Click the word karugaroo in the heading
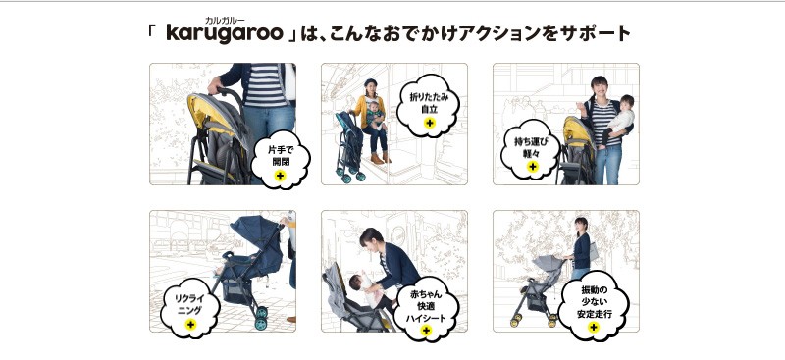tap(224, 33)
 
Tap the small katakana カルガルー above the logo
tap(225, 20)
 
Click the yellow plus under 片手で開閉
tap(281, 176)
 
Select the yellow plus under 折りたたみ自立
tap(429, 123)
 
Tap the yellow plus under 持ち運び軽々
tap(532, 166)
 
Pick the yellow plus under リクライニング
tap(190, 324)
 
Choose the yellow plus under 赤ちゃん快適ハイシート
tap(426, 330)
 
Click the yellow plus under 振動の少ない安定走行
tap(594, 327)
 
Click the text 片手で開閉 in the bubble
tap(281, 156)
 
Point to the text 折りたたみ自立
tap(429, 103)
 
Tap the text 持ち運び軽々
tap(532, 147)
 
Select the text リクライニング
tap(189, 304)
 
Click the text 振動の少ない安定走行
tap(594, 302)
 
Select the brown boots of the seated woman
tap(381, 158)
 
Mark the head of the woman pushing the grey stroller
tap(581, 225)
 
